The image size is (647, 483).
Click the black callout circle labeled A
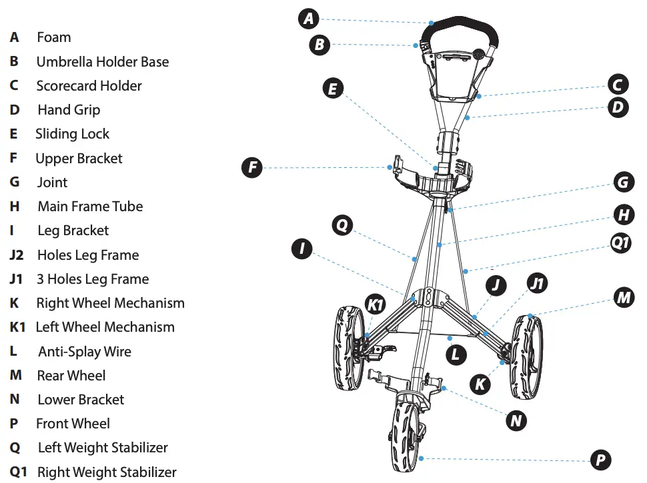coord(307,19)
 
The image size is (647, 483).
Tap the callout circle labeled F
coord(251,167)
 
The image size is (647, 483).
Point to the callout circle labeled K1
coord(376,305)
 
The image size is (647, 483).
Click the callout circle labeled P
coord(600,460)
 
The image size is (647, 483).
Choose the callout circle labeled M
coord(624,298)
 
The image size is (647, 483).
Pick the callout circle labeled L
coord(456,354)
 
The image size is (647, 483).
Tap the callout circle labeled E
coord(332,89)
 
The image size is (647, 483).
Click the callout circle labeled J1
coord(537,284)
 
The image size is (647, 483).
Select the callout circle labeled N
coord(516,420)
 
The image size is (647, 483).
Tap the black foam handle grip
coord(460,27)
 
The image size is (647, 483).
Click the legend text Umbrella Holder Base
coord(102,62)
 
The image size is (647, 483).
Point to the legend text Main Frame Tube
coord(90,207)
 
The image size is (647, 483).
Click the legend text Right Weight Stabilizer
coord(107,472)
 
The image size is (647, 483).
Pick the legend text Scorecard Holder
coord(89,86)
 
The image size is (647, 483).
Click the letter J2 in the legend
coord(17,255)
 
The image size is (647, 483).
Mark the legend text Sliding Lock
coord(72,134)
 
